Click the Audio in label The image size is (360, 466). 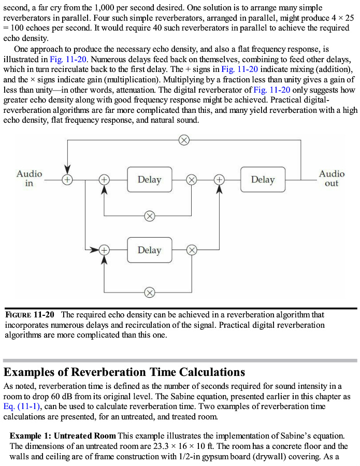point(29,179)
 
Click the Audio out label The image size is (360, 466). point(332,179)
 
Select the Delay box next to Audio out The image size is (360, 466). point(263,180)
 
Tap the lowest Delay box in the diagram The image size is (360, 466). point(149,250)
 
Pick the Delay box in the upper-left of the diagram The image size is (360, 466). point(149,180)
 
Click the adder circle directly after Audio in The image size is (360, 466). point(67,180)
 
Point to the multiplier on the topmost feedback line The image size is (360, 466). point(183,140)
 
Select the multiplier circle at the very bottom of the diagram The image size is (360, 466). point(149,293)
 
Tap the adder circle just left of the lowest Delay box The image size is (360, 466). point(105,250)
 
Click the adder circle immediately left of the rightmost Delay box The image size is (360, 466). point(219,180)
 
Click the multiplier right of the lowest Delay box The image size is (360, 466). point(191,250)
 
